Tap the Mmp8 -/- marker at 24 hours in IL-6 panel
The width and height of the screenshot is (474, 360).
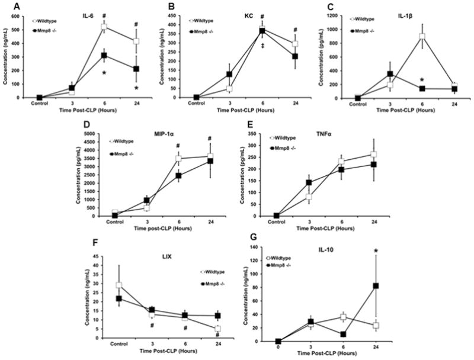tap(137, 69)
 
